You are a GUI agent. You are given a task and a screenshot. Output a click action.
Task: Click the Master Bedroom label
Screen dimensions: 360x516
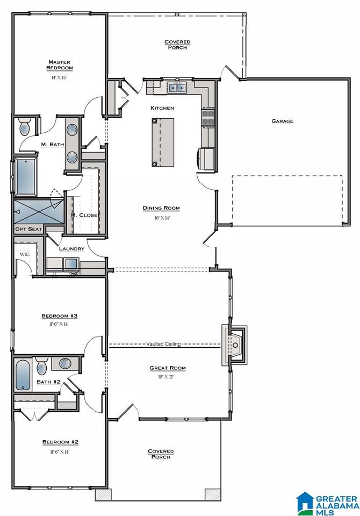click(60, 65)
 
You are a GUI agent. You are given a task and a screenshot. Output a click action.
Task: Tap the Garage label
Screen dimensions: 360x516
click(282, 121)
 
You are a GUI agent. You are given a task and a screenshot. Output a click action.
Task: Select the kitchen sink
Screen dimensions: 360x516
click(177, 88)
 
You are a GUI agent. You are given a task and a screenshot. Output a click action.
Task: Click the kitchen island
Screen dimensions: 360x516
click(163, 142)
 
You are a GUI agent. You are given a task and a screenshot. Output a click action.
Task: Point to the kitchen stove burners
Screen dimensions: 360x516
click(208, 118)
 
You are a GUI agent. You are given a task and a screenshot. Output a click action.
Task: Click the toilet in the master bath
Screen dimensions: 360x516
click(25, 128)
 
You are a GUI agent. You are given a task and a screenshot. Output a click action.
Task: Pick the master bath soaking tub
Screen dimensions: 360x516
click(25, 177)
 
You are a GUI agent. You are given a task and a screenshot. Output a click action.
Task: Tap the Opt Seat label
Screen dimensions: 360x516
click(28, 229)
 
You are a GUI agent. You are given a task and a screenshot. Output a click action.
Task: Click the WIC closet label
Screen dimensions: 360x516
click(25, 254)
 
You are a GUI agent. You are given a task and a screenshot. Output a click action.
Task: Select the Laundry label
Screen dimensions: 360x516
click(71, 249)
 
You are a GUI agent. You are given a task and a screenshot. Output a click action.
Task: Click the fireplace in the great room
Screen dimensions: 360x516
click(235, 345)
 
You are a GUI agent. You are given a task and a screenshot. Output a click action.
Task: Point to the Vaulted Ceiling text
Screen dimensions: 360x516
click(163, 344)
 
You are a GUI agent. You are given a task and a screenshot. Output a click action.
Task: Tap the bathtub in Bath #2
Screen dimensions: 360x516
click(23, 376)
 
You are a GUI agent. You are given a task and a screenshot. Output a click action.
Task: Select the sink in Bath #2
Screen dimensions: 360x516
click(65, 364)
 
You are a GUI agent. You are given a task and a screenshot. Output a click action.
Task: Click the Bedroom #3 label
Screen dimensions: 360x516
click(60, 316)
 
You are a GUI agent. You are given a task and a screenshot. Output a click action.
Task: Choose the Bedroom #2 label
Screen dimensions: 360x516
click(60, 442)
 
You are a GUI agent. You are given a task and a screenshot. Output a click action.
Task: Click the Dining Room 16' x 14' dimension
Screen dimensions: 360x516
click(161, 218)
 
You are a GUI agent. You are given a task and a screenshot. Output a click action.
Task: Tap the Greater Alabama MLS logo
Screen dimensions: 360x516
click(328, 504)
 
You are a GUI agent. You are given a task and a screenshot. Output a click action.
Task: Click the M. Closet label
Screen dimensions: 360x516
click(85, 215)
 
